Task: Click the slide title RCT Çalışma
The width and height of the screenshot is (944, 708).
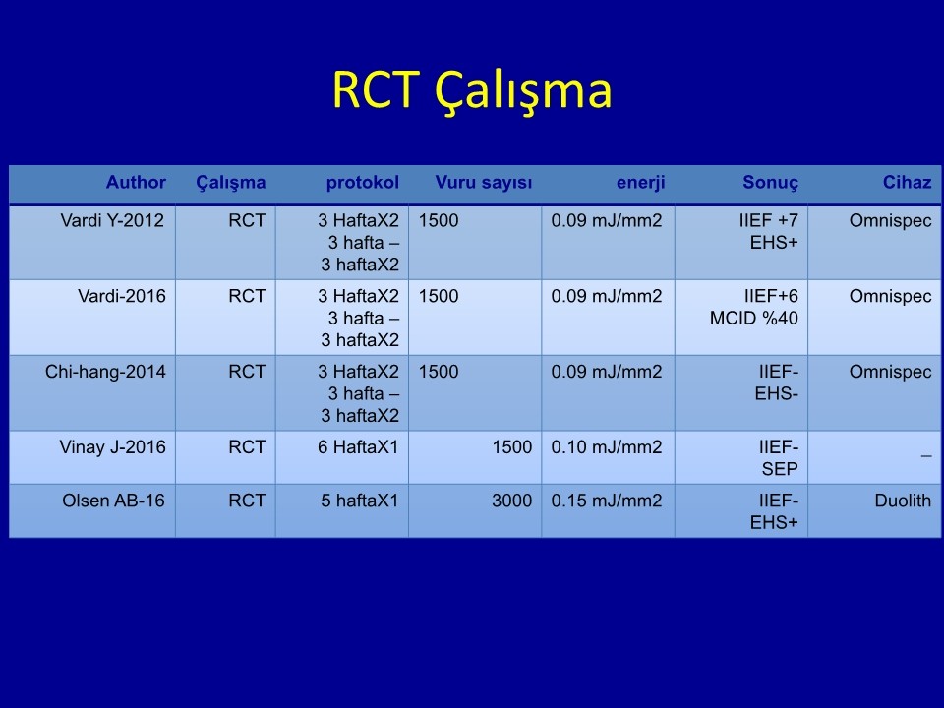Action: point(472,90)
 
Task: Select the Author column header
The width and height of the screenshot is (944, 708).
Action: point(136,183)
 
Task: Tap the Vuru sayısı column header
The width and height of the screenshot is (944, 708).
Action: point(484,183)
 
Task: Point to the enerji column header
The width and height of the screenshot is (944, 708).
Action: point(640,183)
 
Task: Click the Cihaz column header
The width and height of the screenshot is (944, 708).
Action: point(908,183)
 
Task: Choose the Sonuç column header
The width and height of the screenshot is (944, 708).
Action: point(771,183)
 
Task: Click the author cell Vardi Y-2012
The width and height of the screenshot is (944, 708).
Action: point(112,221)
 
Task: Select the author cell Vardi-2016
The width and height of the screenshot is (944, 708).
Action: point(122,296)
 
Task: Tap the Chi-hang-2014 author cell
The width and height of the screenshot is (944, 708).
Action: point(105,372)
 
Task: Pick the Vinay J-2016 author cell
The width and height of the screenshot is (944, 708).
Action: point(112,447)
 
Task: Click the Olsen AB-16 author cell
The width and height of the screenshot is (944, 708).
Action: point(113,501)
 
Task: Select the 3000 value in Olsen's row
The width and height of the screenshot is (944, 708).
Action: point(511,501)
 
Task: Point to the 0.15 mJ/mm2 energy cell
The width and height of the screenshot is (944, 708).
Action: point(607,501)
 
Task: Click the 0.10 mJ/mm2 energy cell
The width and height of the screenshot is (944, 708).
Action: point(607,447)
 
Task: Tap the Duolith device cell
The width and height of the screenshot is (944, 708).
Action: point(903,501)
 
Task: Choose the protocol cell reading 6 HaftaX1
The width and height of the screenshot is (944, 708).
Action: point(358,447)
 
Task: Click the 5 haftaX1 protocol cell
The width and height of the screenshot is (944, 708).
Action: point(360,501)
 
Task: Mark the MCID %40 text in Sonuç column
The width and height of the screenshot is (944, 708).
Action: point(754,318)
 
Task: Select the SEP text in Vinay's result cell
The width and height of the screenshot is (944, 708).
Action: point(780,469)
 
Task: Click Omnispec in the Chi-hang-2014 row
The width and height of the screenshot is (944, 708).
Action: point(891,372)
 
